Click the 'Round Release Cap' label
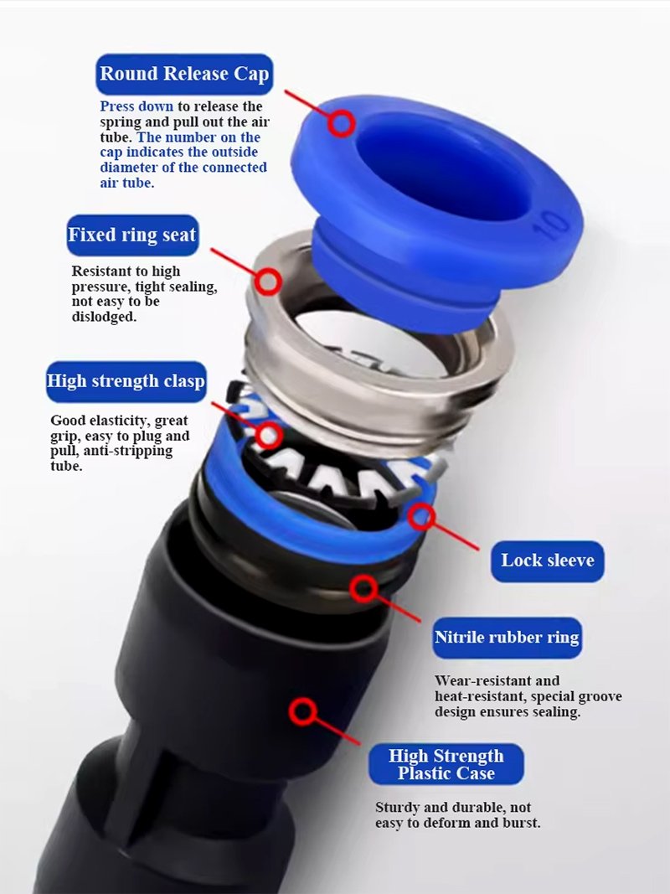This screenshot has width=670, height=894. click(184, 74)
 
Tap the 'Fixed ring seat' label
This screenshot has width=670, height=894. click(132, 235)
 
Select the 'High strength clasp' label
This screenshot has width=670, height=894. click(126, 381)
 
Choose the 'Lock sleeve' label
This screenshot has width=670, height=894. click(548, 561)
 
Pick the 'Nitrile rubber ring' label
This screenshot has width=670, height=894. click(507, 638)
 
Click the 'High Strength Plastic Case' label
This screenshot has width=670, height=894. click(446, 764)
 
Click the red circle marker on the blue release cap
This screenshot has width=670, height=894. click(341, 123)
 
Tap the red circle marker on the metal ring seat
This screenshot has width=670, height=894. click(267, 281)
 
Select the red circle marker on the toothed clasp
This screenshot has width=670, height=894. click(268, 436)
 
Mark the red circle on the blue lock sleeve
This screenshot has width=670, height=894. click(421, 516)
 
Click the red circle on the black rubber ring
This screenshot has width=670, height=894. click(363, 588)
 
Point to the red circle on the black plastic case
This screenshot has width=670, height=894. click(302, 711)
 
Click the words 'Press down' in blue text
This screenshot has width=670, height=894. click(137, 106)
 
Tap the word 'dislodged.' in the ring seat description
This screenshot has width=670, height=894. click(104, 317)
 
